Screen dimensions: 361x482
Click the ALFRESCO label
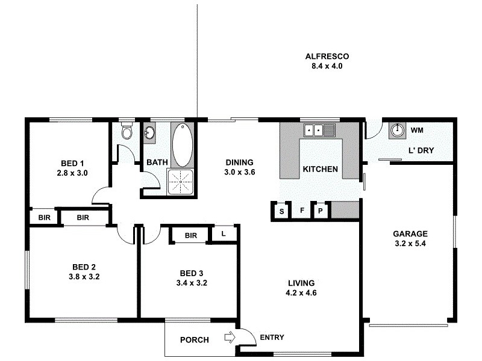tap(327, 57)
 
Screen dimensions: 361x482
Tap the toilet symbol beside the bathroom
tap(126, 131)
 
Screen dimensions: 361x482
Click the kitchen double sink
tap(319, 129)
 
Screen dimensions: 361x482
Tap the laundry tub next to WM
tap(397, 130)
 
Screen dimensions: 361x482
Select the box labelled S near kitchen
tap(281, 211)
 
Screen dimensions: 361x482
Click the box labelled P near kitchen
tap(321, 211)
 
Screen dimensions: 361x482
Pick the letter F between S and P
tap(301, 211)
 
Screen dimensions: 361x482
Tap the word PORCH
tap(195, 340)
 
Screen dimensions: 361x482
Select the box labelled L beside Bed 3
tap(222, 233)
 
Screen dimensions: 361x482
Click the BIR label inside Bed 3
tap(191, 235)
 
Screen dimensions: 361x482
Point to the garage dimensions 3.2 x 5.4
tap(410, 244)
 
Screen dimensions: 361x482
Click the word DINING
tap(239, 162)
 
